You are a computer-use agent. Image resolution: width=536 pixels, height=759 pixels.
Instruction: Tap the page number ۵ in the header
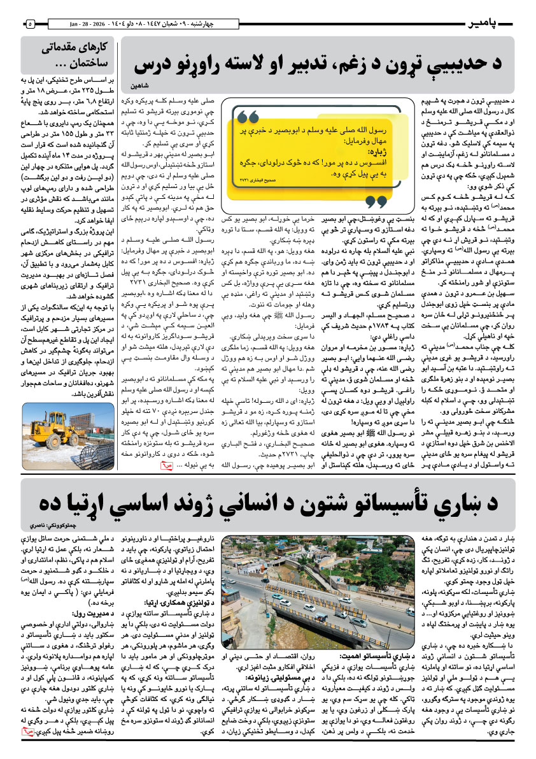pos(31,24)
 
